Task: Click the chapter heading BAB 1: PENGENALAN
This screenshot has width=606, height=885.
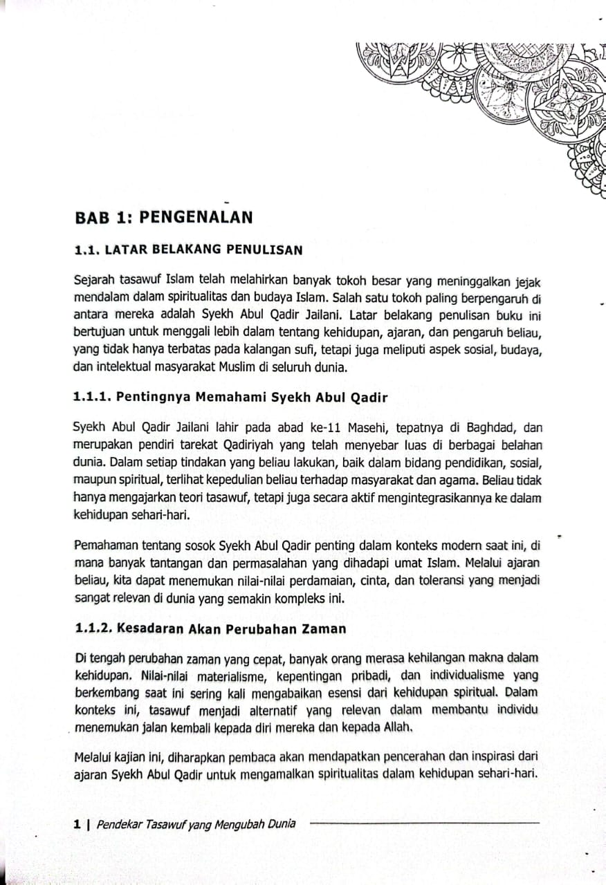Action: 163,218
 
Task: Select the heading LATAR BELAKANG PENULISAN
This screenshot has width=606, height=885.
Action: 187,250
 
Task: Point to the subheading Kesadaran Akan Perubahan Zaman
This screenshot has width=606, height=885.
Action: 210,628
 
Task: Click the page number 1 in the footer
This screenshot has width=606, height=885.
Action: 77,823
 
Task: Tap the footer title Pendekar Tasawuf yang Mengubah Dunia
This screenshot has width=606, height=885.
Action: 196,823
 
